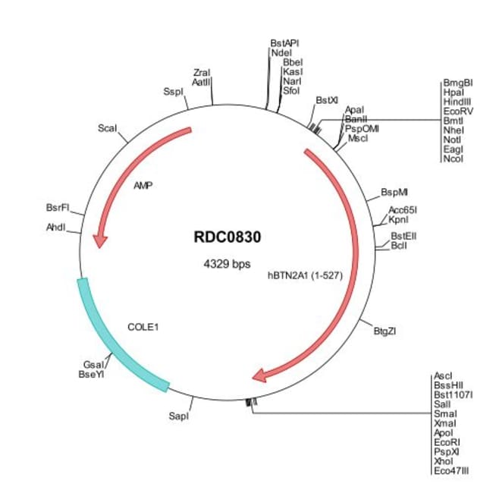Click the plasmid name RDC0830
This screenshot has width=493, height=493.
pyautogui.click(x=228, y=237)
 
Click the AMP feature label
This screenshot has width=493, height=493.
pyautogui.click(x=143, y=184)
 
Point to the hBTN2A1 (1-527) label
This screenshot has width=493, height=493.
pyautogui.click(x=306, y=275)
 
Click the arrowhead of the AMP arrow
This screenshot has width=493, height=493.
pyautogui.click(x=99, y=240)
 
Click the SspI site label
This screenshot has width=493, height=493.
pyautogui.click(x=174, y=91)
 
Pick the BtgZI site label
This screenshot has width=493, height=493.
pyautogui.click(x=386, y=331)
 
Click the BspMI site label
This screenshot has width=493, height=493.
pyautogui.click(x=394, y=193)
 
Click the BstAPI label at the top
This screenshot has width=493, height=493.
pyautogui.click(x=285, y=44)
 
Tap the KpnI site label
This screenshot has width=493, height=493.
pyautogui.click(x=399, y=219)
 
